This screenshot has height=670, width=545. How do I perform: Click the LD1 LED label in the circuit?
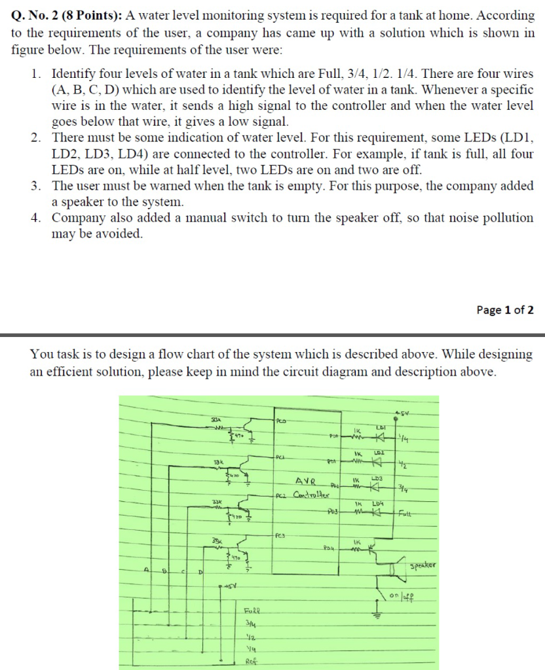(x=380, y=427)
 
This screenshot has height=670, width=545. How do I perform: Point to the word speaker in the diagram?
(x=423, y=565)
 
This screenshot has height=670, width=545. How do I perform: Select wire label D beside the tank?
(x=200, y=572)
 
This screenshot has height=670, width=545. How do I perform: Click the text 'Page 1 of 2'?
(x=505, y=310)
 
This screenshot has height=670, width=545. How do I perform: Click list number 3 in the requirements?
(x=37, y=186)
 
